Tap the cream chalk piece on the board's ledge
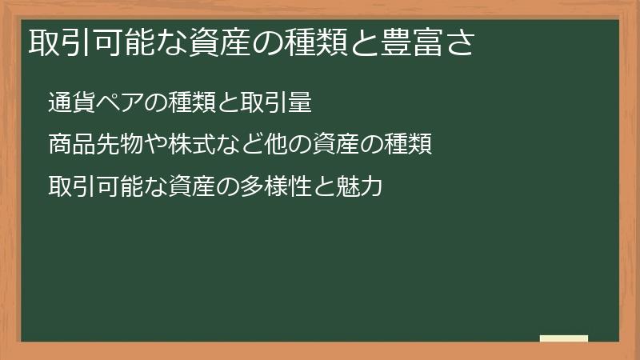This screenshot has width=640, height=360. (x=564, y=338)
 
